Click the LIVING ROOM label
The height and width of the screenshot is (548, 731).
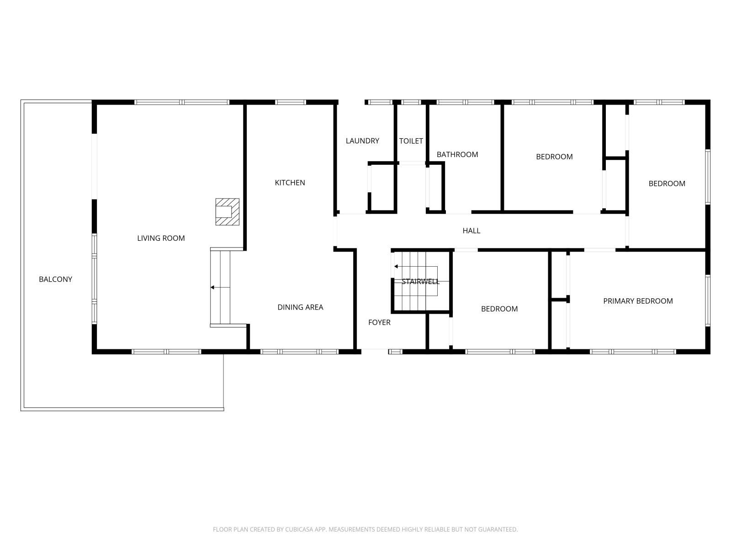click(x=161, y=238)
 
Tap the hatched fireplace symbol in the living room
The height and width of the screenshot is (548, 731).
click(x=227, y=211)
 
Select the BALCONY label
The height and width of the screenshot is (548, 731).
click(x=55, y=279)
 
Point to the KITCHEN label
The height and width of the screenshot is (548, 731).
click(x=290, y=183)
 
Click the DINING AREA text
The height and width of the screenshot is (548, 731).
click(x=300, y=307)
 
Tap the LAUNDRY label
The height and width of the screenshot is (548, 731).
click(x=362, y=141)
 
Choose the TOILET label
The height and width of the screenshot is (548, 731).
click(x=411, y=141)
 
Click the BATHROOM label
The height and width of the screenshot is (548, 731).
click(x=457, y=154)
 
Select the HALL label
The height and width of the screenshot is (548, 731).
click(x=471, y=231)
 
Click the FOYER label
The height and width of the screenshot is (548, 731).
click(x=379, y=322)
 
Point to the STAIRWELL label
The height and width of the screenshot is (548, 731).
click(x=420, y=281)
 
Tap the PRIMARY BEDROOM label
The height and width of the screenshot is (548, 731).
click(x=638, y=301)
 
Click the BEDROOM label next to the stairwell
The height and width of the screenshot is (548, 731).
click(x=499, y=309)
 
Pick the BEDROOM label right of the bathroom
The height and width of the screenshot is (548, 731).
click(x=554, y=157)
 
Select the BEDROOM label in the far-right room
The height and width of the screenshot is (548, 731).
click(x=667, y=184)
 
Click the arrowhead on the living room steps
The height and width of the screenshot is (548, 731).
click(x=212, y=287)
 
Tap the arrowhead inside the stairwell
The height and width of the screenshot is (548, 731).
click(x=396, y=266)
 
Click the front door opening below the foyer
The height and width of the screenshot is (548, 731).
click(x=375, y=351)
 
